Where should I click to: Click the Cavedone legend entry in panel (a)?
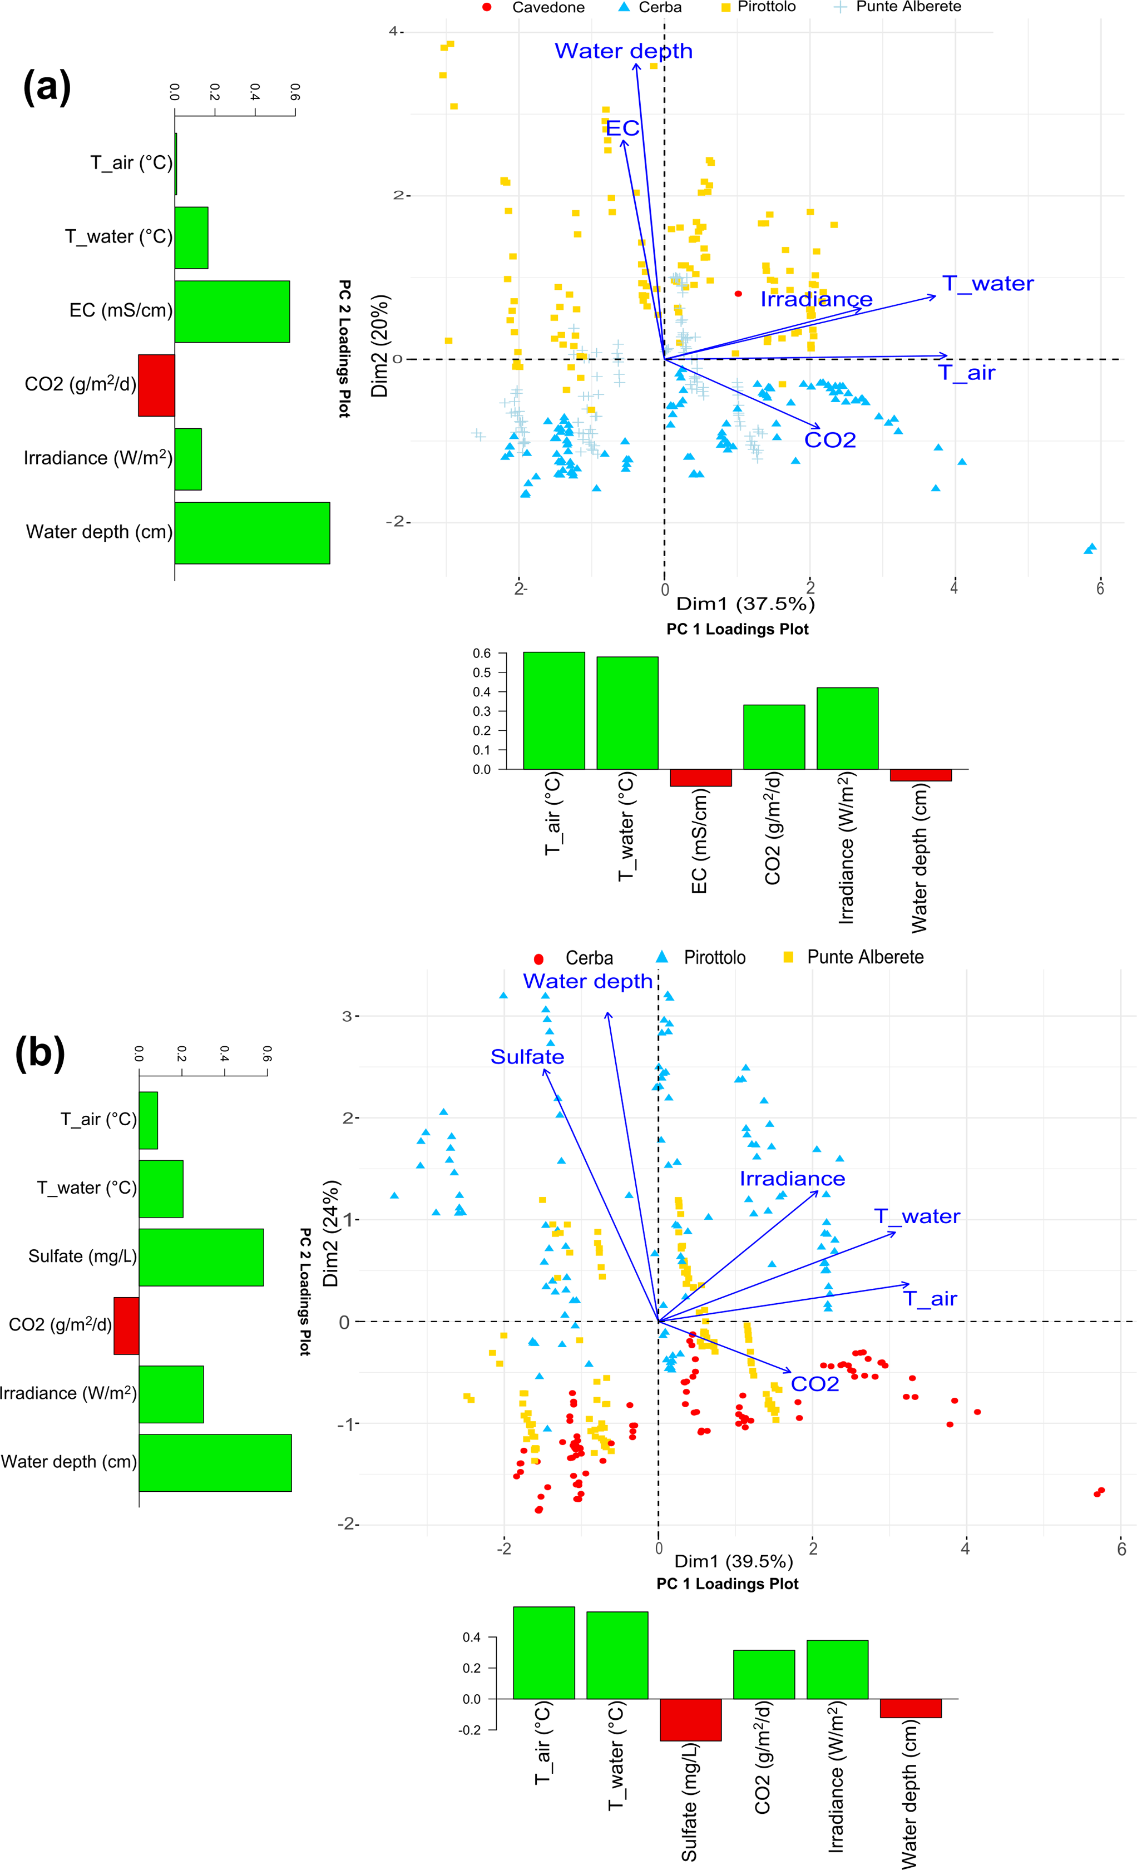pyautogui.click(x=547, y=8)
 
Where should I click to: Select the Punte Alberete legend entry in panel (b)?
pyautogui.click(x=864, y=957)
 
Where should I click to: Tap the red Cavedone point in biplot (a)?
pyautogui.click(x=738, y=294)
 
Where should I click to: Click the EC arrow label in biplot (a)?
pyautogui.click(x=622, y=128)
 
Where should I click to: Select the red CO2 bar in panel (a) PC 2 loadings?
pyautogui.click(x=156, y=385)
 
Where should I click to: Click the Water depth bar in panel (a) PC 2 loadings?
pyautogui.click(x=252, y=533)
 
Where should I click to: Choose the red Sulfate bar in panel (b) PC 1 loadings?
pyautogui.click(x=690, y=1720)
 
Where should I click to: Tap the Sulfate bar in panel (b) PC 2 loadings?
pyautogui.click(x=201, y=1257)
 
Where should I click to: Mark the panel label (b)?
pyautogui.click(x=40, y=1052)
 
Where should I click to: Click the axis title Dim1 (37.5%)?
pyautogui.click(x=745, y=604)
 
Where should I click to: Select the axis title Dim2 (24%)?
pyautogui.click(x=330, y=1233)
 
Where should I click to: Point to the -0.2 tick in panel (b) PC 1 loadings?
pyautogui.click(x=471, y=1730)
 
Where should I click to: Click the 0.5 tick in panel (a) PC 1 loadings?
pyautogui.click(x=481, y=672)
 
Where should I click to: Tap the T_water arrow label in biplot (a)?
pyautogui.click(x=987, y=284)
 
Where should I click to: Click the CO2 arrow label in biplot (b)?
pyautogui.click(x=814, y=1384)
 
